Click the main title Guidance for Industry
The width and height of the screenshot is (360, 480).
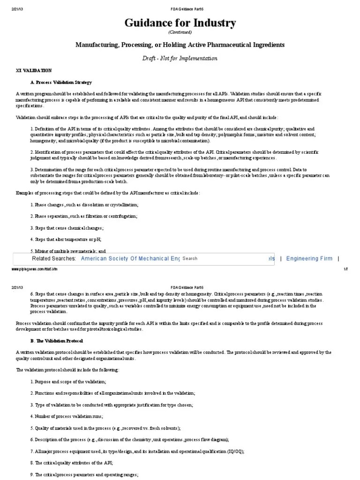coord(180,23)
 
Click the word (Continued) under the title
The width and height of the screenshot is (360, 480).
coord(180,32)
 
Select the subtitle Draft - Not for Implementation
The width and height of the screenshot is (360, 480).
coord(180,58)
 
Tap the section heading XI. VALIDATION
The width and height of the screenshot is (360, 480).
coord(34,70)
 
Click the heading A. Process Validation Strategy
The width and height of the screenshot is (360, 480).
coord(61,82)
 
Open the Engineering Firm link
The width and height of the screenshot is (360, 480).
coord(309,258)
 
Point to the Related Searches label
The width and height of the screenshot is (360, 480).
coord(53,258)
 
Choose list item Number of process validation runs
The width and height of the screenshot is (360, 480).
coord(67,416)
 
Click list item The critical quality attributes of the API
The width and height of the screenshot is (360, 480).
coord(71,462)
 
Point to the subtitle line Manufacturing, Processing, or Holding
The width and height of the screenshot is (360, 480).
coord(180,45)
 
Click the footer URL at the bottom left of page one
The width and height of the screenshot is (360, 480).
coord(33,270)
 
